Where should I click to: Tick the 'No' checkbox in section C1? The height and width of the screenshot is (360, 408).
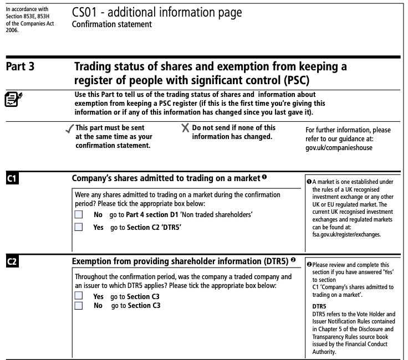click(x=79, y=214)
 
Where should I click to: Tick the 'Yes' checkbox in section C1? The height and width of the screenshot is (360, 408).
click(x=79, y=227)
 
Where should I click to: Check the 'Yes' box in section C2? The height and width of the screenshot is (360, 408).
click(x=79, y=296)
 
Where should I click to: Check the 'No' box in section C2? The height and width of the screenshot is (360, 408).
click(x=79, y=305)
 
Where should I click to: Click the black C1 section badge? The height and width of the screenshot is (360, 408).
click(x=12, y=179)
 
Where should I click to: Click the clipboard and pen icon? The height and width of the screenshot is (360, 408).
click(x=12, y=100)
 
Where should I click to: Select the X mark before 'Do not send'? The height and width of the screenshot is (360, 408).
click(x=185, y=128)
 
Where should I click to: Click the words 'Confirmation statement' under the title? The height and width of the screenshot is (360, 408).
click(x=111, y=24)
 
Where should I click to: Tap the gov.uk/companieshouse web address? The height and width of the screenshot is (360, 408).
click(x=339, y=148)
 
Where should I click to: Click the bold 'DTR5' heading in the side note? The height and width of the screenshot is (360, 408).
click(x=319, y=306)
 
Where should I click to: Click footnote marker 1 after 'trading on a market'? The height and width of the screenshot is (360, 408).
click(x=264, y=178)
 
